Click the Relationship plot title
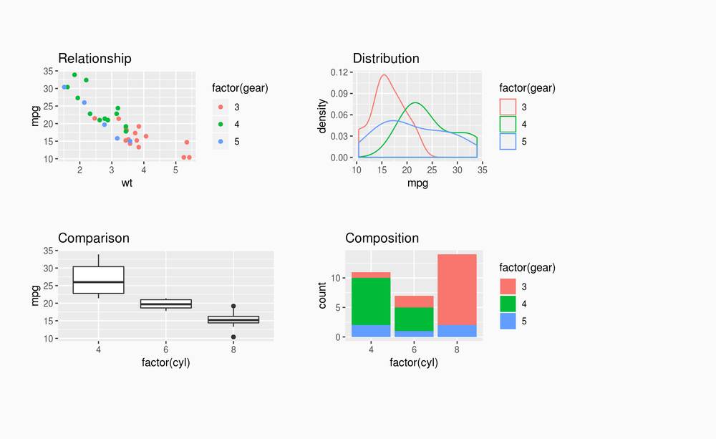[95, 59]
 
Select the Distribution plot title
[386, 59]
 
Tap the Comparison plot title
[93, 238]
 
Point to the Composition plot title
[382, 238]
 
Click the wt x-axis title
[127, 183]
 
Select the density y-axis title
[322, 115]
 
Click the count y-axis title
[322, 295]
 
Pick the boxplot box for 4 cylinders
[99, 280]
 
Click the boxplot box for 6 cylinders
[166, 304]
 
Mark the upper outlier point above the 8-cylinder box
[233, 307]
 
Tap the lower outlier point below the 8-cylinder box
[233, 337]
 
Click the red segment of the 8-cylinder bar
[457, 289]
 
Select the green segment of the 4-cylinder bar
[371, 301]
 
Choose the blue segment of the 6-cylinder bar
[414, 334]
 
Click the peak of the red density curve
[384, 74]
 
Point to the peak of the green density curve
[415, 102]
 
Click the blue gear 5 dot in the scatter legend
[221, 142]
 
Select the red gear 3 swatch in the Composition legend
[508, 285]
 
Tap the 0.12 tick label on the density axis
[340, 72]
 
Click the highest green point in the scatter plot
[74, 74]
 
